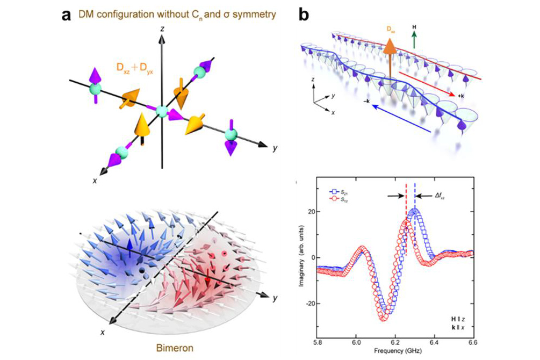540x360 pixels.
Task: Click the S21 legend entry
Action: coord(340,191)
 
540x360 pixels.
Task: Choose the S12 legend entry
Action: coord(340,198)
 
